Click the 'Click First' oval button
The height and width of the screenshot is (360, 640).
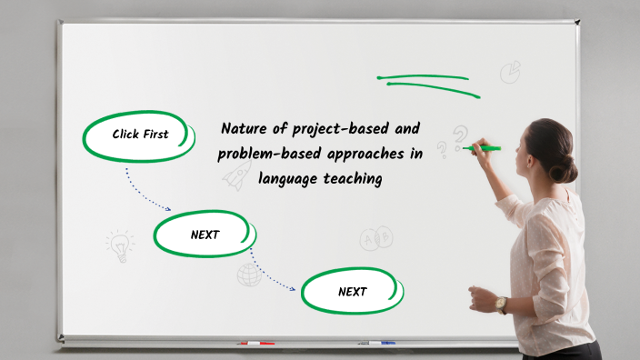coord(140,135)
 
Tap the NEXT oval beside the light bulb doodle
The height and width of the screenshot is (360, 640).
coord(205,235)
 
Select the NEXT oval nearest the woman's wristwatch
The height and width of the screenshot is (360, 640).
coord(352,292)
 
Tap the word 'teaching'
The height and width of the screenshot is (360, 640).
coord(351,179)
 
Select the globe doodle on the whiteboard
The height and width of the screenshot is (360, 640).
coord(248,274)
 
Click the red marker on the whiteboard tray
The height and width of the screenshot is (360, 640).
coord(256,344)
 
